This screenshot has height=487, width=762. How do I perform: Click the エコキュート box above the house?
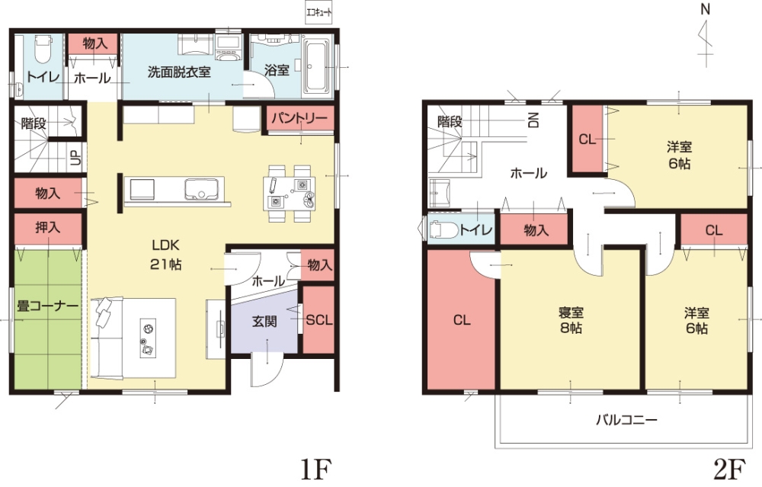319,12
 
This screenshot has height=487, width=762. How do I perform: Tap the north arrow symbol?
705,38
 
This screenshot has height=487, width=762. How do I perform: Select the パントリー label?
299,118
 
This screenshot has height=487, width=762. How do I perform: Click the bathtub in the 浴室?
316,66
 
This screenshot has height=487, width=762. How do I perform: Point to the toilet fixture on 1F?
43,50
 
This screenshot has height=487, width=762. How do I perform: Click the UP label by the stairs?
75,157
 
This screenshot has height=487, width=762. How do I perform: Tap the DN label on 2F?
533,120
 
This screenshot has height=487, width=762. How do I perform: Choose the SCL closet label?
319,320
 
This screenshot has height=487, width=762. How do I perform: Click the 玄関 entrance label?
265,321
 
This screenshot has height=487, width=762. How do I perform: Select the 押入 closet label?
47,227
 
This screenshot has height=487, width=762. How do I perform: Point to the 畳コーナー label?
47,306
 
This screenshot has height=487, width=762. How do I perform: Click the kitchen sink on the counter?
200,188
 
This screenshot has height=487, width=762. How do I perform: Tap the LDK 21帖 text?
166,255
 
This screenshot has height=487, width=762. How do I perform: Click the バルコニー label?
627,419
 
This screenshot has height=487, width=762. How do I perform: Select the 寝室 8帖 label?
571,320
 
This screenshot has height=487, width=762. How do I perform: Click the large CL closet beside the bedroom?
462,320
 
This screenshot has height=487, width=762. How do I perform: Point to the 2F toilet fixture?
443,229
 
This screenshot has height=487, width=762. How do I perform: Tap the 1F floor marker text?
315,469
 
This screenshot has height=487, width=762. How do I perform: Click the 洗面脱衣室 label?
179,72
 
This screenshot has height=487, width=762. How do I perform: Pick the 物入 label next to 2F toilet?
536,230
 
